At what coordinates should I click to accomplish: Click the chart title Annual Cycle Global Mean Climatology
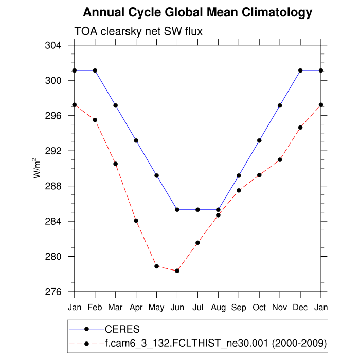tap(197, 12)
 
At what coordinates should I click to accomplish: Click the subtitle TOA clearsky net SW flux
tap(138, 32)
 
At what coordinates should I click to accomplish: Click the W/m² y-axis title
tap(38, 168)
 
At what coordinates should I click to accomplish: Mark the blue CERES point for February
tap(95, 70)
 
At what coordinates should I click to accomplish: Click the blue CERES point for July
tap(197, 210)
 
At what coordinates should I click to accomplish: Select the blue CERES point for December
tap(300, 70)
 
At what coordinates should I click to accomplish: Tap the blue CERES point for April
tap(136, 140)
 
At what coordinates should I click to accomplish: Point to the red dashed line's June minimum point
tap(177, 271)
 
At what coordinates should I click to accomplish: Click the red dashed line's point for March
tap(116, 164)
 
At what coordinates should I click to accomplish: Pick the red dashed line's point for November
tap(280, 159)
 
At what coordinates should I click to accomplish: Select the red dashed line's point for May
tap(156, 266)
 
